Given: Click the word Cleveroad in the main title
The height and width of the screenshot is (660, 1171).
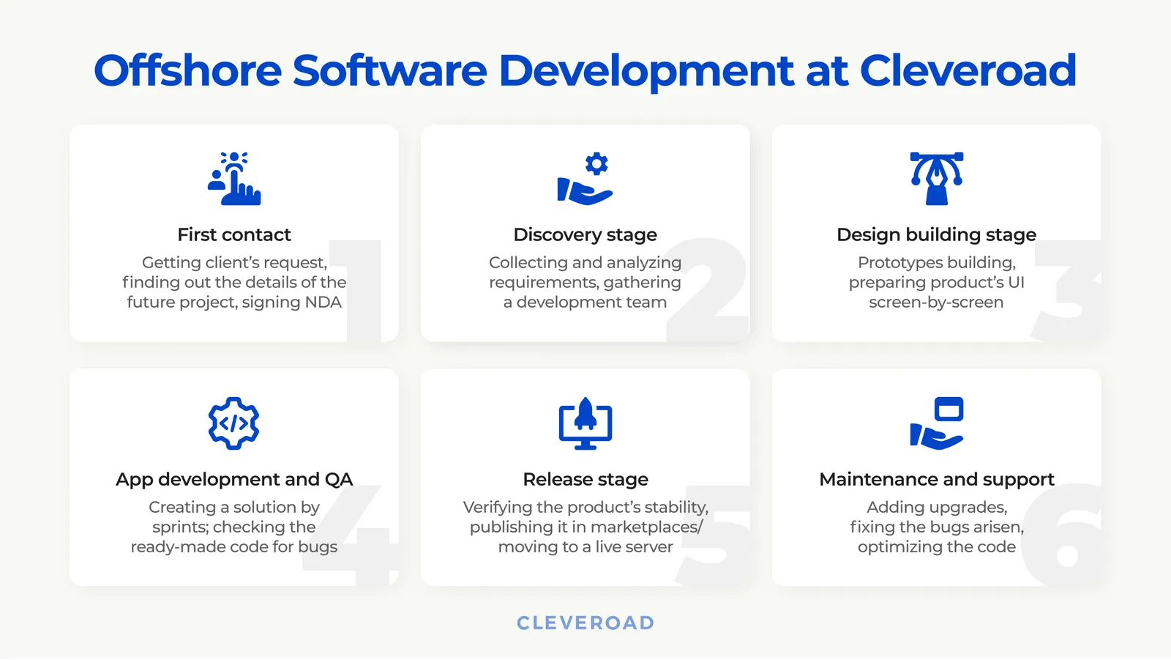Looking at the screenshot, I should [x=968, y=71].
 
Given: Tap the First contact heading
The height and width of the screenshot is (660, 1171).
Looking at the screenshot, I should [x=234, y=234].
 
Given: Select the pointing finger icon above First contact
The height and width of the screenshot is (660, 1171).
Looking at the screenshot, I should [x=234, y=179].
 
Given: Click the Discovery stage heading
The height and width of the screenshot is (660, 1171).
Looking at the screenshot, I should [x=585, y=234].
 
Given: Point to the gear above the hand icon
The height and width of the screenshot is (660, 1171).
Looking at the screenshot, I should [x=596, y=163].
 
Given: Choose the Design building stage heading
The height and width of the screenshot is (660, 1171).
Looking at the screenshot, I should [x=936, y=234].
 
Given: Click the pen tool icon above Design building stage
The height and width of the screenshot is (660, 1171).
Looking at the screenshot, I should [x=936, y=179].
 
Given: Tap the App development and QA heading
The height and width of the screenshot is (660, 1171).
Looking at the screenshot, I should [x=234, y=479].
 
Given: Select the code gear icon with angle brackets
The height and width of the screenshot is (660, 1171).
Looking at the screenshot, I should [x=234, y=423].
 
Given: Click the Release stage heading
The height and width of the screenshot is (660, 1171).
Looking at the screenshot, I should [x=585, y=479].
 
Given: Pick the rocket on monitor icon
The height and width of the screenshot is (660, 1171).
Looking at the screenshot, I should [x=585, y=423].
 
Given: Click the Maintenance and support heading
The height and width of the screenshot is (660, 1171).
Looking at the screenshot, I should [x=936, y=479].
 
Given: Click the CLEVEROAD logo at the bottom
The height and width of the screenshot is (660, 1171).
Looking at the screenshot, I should [x=585, y=623].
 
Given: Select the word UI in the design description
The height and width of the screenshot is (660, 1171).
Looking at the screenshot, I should [x=1016, y=283].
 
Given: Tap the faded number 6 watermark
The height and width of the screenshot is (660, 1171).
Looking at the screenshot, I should [x=1063, y=538].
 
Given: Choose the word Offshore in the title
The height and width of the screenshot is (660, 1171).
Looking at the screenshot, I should [x=188, y=71].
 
